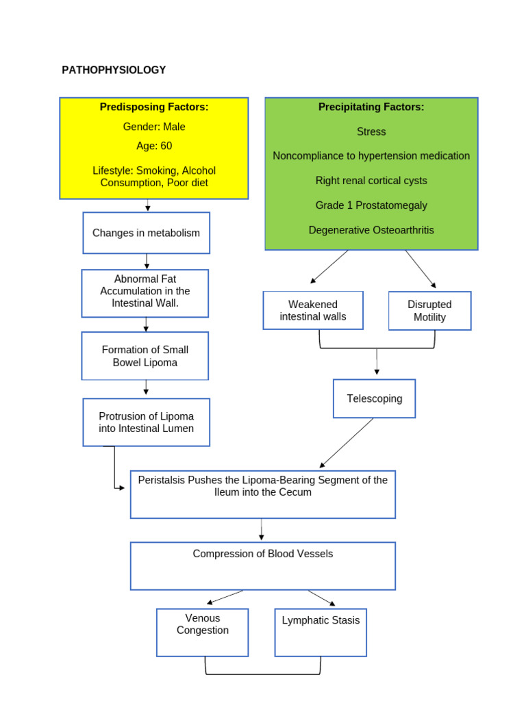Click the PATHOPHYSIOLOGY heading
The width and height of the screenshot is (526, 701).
tap(114, 70)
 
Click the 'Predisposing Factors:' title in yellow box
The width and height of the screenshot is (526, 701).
tap(154, 107)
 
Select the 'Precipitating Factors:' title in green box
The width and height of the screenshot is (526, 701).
tap(371, 107)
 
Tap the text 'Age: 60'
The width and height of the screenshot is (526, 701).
tap(154, 146)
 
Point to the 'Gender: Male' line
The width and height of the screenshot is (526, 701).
tap(154, 127)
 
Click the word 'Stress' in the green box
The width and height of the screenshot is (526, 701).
tap(371, 131)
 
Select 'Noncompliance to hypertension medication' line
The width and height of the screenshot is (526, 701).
tap(371, 156)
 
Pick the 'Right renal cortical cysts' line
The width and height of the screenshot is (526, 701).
tap(371, 181)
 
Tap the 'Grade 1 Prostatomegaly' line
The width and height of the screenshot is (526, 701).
tap(371, 205)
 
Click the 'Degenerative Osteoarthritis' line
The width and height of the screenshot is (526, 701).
tap(371, 230)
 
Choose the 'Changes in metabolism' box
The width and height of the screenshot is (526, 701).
tap(146, 233)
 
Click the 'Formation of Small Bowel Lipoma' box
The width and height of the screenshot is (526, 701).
tap(145, 356)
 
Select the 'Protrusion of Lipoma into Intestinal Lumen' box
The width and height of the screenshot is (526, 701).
tap(146, 422)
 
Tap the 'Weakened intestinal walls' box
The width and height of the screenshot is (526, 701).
tap(313, 310)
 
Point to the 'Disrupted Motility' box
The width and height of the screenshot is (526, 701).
tap(429, 311)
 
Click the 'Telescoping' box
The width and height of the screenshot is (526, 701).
tap(374, 398)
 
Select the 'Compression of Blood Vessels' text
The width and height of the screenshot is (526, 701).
tap(263, 554)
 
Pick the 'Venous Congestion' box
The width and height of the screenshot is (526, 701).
tap(203, 624)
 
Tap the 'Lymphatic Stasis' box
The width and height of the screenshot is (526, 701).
tap(321, 621)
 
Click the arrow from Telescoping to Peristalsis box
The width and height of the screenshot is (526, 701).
tap(347, 443)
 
